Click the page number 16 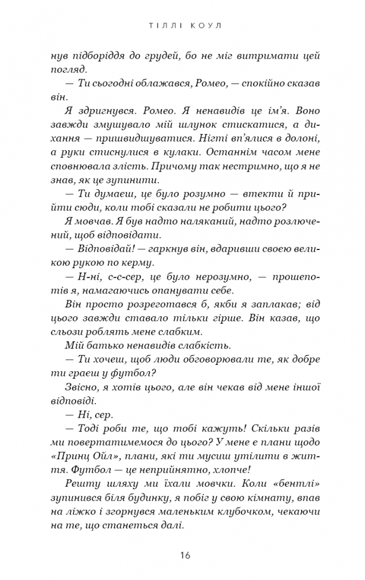pos(183,555)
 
